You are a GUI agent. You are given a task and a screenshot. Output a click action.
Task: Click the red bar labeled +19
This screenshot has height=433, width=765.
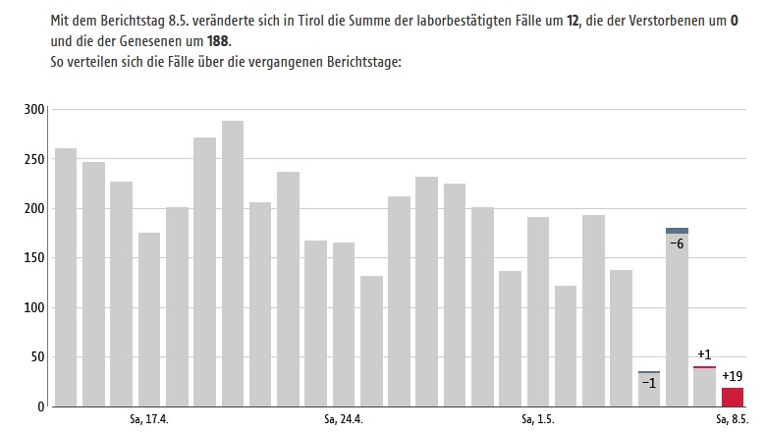[x=732, y=397]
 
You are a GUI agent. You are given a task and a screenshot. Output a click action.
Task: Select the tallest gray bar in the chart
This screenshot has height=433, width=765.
[x=233, y=263]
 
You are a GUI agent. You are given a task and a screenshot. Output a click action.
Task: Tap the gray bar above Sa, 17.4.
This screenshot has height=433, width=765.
[x=149, y=319]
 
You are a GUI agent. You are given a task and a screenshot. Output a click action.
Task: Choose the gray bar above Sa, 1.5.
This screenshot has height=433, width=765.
[x=538, y=311]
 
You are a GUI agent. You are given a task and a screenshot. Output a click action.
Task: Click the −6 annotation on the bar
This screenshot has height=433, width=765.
[x=677, y=243]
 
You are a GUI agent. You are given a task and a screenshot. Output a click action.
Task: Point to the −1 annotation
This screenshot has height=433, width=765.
[x=648, y=383]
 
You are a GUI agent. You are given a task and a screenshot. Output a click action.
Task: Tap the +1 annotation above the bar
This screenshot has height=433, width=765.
[x=704, y=354]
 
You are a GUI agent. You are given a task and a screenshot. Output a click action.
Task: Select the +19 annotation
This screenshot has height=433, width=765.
[x=732, y=375]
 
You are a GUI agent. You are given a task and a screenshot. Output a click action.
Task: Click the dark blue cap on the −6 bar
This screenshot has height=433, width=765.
[x=677, y=231]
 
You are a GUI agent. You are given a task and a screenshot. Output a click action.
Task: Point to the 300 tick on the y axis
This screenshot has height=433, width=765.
[x=34, y=109]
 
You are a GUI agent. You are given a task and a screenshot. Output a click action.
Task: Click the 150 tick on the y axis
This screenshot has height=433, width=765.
[x=34, y=258]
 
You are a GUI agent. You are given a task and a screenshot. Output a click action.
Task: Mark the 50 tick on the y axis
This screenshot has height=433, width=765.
[x=38, y=357]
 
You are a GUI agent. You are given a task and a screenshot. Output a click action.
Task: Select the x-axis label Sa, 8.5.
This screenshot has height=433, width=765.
[x=732, y=420]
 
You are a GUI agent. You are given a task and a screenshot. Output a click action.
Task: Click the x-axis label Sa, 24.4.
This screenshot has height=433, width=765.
[x=344, y=420]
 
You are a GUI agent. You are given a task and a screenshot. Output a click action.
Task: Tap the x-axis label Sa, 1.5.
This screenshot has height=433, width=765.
[x=538, y=420]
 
